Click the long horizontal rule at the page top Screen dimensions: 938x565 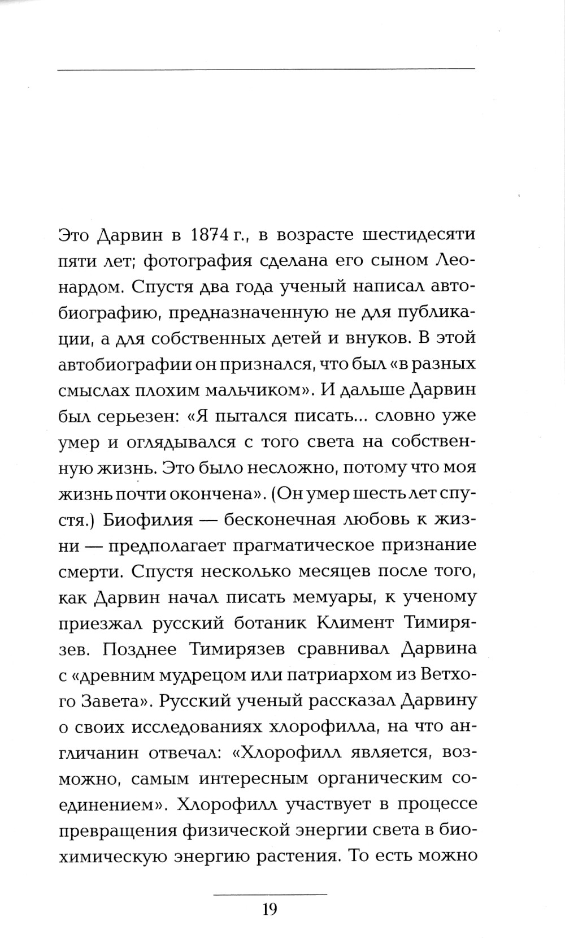(266, 69)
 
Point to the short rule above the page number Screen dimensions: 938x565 (270, 894)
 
